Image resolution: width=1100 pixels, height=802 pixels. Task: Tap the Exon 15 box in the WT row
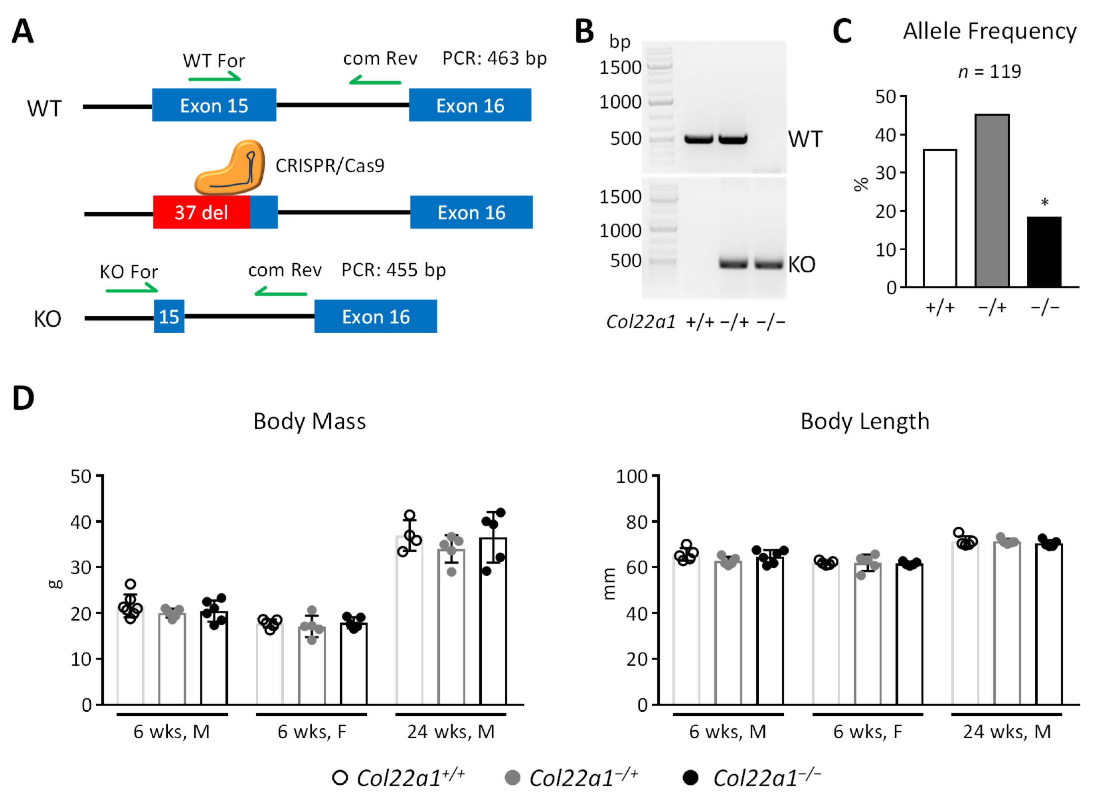pyautogui.click(x=214, y=105)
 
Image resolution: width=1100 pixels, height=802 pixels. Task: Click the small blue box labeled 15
pyautogui.click(x=169, y=316)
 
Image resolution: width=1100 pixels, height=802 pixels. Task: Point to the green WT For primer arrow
pyautogui.click(x=214, y=77)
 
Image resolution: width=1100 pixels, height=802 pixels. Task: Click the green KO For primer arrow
pyautogui.click(x=131, y=290)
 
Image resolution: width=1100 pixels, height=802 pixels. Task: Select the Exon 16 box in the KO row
pyautogui.click(x=376, y=316)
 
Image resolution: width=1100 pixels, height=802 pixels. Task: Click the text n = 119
pyautogui.click(x=989, y=72)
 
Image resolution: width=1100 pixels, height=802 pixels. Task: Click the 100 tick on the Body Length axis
pyautogui.click(x=632, y=476)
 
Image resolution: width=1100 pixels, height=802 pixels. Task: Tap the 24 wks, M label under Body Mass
pyautogui.click(x=451, y=731)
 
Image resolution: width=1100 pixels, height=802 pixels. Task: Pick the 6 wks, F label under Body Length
pyautogui.click(x=868, y=731)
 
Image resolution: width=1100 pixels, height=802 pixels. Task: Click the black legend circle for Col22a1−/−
pyautogui.click(x=690, y=778)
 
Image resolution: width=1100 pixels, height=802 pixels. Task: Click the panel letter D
pyautogui.click(x=23, y=398)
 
